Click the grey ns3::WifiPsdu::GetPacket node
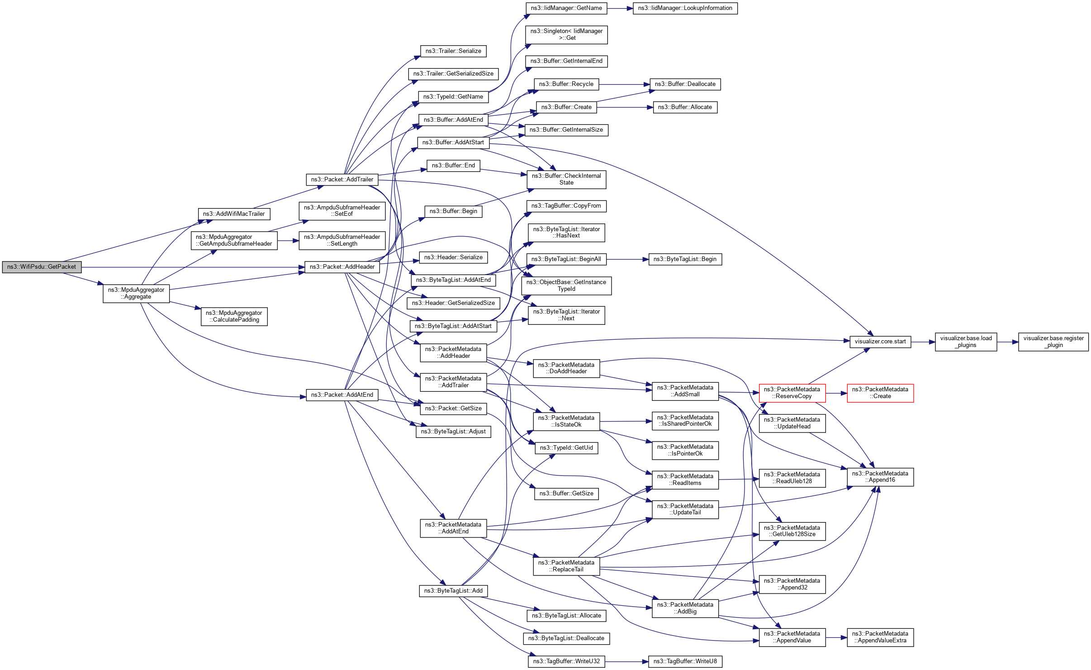coord(42,267)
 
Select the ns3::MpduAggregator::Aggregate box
coord(136,293)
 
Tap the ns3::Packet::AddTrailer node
coord(342,180)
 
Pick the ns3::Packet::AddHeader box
coord(342,267)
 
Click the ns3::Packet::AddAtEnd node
coord(342,395)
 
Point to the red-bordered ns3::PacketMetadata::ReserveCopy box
coord(792,393)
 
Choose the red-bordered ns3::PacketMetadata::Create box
coord(880,393)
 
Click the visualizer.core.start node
coord(880,342)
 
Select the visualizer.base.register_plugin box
coord(1053,342)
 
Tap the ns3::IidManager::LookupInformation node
coord(685,8)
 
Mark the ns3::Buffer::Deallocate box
coord(685,84)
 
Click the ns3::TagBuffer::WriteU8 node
coord(685,661)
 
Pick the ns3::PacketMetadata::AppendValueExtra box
coord(880,637)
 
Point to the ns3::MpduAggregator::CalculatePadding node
coord(234,316)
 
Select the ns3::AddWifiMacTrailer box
coord(234,214)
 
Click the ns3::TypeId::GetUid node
coord(566,448)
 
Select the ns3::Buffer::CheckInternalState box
coord(566,180)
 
